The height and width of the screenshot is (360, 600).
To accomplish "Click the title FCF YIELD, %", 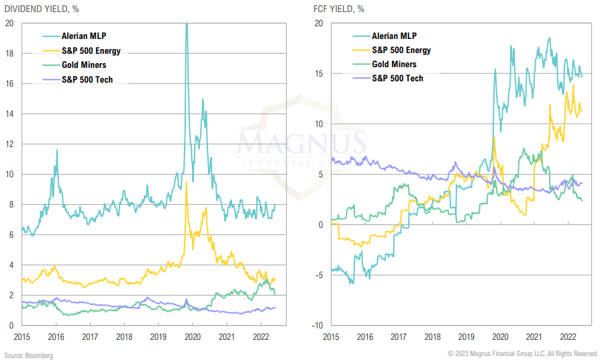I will coord(339,9).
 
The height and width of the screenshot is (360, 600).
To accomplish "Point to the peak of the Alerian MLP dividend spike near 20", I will coord(186,24).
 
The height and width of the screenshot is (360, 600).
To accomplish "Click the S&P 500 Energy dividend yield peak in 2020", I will coord(186,183).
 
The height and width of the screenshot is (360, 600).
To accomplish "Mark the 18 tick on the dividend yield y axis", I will coord(10,53).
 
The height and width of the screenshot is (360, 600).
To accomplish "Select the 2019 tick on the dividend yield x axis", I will coord(158,336).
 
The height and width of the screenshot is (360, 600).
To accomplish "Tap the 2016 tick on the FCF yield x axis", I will coord(366,336).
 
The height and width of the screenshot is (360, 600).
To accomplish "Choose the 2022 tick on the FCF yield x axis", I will coord(568,336).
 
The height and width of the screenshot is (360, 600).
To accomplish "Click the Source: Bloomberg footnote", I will coord(28,355).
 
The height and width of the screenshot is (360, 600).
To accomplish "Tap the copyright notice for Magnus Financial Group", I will coord(521,353).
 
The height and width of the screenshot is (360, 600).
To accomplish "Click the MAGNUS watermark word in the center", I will coord(302,143).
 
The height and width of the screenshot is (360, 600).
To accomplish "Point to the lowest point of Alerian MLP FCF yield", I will coord(351,283).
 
